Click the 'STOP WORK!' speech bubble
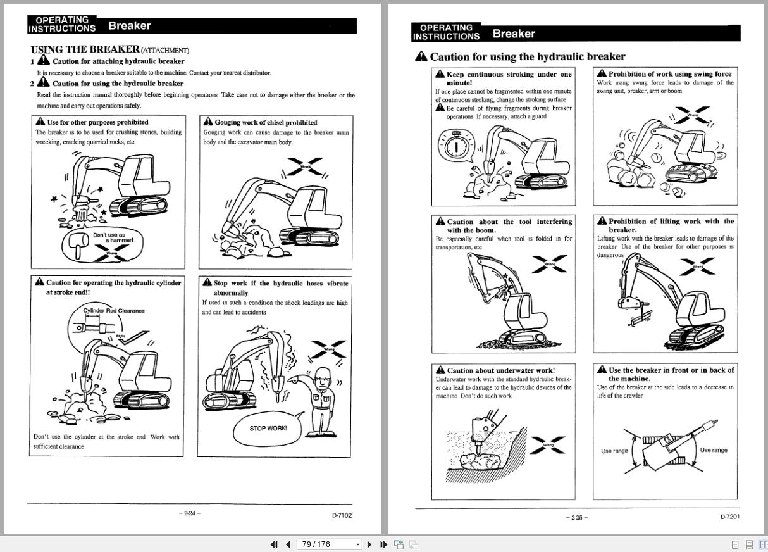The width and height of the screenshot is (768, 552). (x=268, y=429)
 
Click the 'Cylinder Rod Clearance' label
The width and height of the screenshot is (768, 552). (x=114, y=311)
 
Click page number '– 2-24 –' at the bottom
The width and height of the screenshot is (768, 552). (x=189, y=513)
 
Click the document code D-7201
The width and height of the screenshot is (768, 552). (x=729, y=517)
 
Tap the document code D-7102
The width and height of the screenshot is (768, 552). (x=342, y=515)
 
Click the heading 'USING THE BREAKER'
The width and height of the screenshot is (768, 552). (x=85, y=49)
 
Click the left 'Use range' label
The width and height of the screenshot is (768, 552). (x=614, y=451)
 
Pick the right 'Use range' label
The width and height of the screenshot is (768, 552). (x=714, y=450)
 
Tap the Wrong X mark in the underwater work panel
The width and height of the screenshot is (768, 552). (x=548, y=444)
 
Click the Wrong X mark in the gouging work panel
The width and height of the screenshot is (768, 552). (x=305, y=167)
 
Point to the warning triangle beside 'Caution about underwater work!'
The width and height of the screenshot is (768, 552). (x=440, y=370)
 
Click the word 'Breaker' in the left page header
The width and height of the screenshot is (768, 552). (x=130, y=26)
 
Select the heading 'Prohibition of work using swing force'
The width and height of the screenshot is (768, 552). (x=669, y=74)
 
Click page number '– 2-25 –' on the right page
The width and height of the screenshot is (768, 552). (x=576, y=518)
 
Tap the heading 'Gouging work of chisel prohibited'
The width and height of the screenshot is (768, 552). (x=266, y=122)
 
